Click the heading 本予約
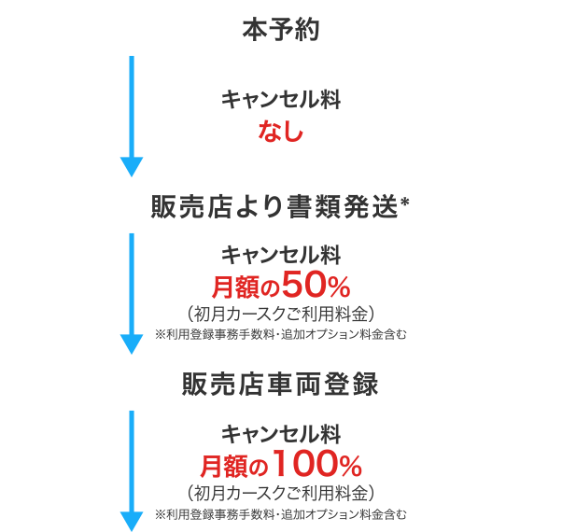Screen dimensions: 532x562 tap(280, 29)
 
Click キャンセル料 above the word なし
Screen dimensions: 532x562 tap(281, 100)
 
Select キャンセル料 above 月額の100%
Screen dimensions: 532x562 tap(281, 434)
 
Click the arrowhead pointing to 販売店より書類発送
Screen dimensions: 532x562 tap(132, 166)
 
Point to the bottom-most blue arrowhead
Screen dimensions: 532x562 tap(132, 520)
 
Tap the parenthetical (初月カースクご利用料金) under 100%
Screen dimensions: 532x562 tap(281, 491)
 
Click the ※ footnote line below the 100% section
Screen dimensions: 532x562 tap(281, 512)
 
